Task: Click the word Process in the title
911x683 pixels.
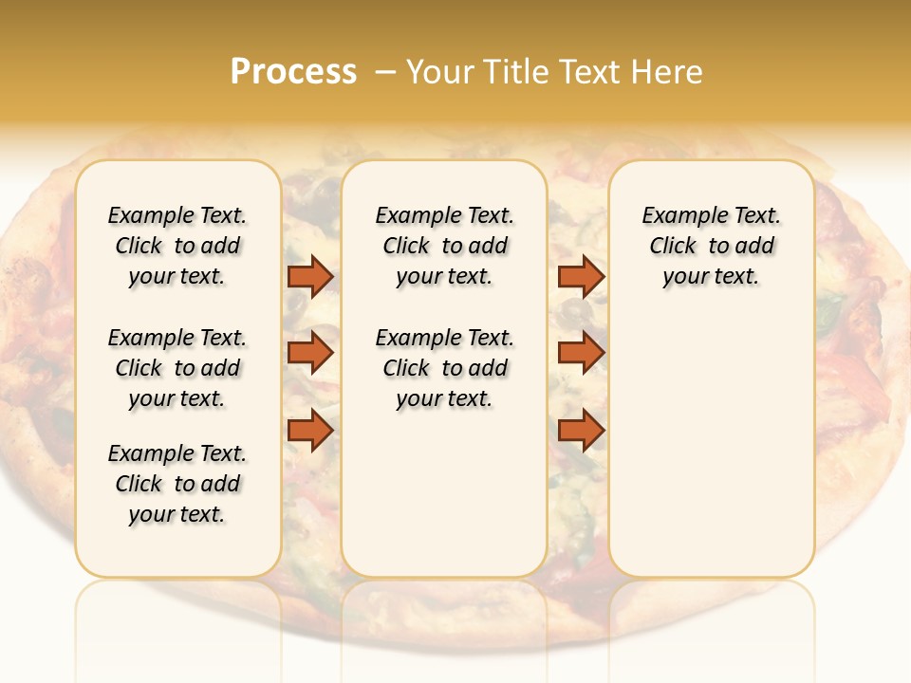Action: pyautogui.click(x=293, y=72)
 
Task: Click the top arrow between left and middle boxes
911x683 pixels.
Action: pyautogui.click(x=310, y=276)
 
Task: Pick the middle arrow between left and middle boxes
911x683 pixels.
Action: pyautogui.click(x=310, y=352)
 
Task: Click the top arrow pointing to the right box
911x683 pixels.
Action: pyautogui.click(x=581, y=276)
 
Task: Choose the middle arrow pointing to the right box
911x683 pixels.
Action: pyautogui.click(x=581, y=352)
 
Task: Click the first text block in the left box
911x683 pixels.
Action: pyautogui.click(x=177, y=246)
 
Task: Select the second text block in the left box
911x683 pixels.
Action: pyautogui.click(x=177, y=368)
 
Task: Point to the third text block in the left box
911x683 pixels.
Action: pyautogui.click(x=177, y=484)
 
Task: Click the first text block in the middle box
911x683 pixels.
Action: pyautogui.click(x=445, y=246)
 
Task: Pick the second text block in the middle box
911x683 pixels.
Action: pyautogui.click(x=445, y=368)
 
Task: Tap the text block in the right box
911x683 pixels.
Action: pyautogui.click(x=712, y=246)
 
